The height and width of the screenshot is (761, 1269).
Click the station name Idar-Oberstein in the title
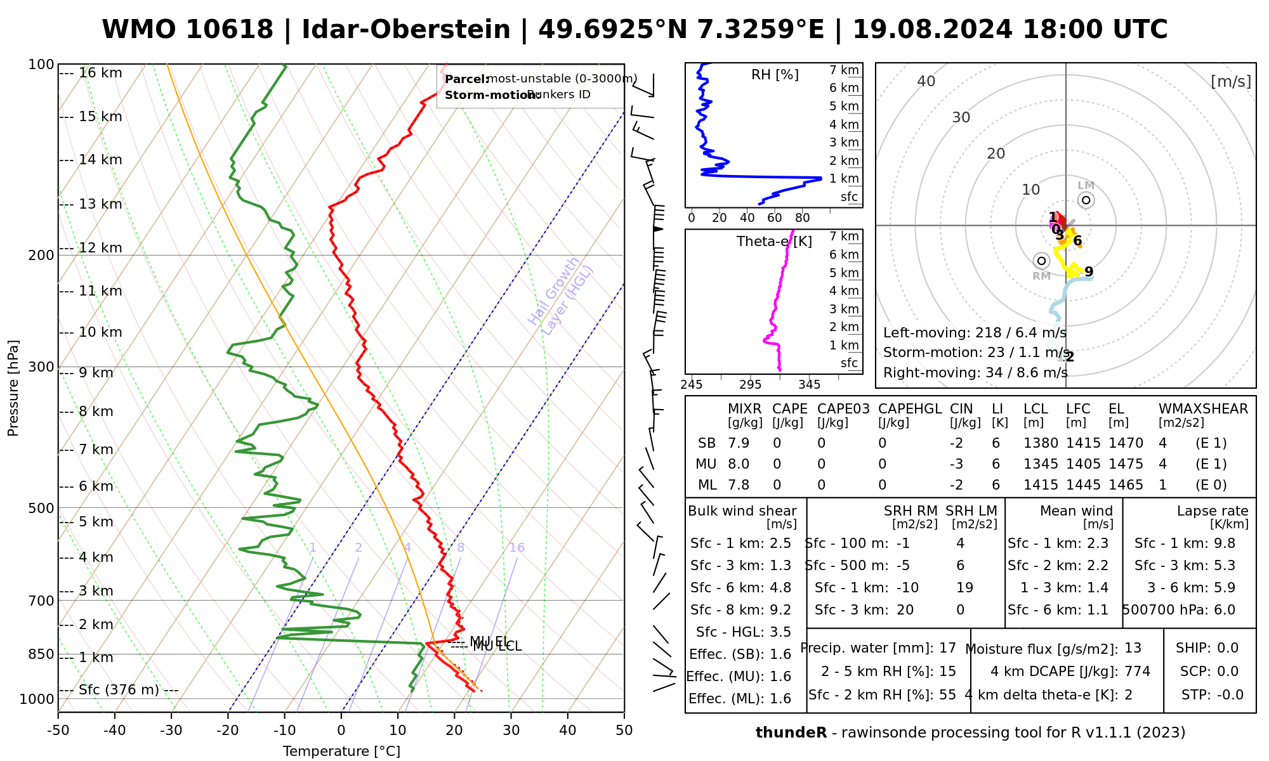pos(405,30)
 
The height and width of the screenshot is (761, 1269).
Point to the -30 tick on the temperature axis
pos(171,730)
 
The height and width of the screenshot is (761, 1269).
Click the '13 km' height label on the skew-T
pos(100,204)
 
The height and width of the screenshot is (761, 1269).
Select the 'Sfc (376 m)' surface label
pos(119,690)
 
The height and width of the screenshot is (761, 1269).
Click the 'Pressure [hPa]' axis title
pos(13,388)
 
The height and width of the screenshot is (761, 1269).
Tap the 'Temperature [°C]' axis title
pos(341,751)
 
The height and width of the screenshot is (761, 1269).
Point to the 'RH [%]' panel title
pos(775,75)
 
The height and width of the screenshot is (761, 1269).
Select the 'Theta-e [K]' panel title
pos(774,242)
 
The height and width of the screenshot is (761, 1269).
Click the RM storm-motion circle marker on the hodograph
pos(1041,261)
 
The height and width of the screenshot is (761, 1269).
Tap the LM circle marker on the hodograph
pos(1086,200)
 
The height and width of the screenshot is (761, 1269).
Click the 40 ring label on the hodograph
pos(926,81)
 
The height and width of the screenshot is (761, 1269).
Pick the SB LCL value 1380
pos(1041,443)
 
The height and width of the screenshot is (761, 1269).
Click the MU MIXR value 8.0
pos(739,464)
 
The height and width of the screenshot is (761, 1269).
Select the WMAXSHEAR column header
pos(1203,409)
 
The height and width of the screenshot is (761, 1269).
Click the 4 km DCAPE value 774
pos(1137,671)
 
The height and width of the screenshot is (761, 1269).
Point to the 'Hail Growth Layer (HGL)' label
pos(560,293)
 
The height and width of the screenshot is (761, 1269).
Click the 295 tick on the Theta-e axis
pos(750,384)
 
